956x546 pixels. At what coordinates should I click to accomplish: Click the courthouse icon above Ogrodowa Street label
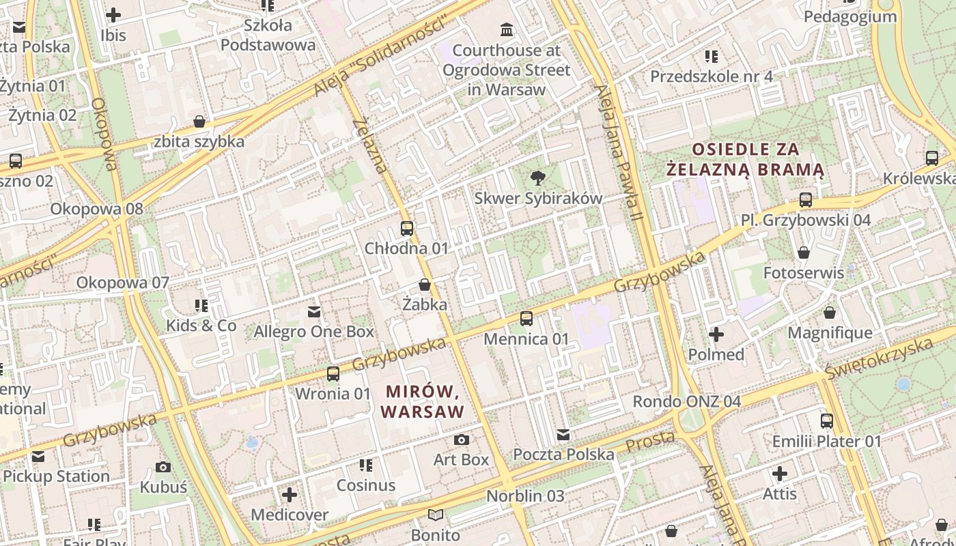click(507, 29)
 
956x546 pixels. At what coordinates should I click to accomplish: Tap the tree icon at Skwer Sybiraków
click(538, 178)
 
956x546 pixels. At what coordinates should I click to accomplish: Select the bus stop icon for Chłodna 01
click(407, 229)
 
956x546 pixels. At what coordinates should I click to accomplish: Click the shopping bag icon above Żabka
click(425, 285)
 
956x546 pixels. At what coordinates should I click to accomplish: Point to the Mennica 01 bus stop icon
click(526, 319)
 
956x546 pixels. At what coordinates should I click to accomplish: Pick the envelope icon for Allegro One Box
click(314, 312)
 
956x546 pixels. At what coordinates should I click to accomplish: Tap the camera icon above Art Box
click(462, 440)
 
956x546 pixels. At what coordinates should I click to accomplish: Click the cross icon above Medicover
click(290, 494)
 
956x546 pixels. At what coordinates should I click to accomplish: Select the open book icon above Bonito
click(436, 515)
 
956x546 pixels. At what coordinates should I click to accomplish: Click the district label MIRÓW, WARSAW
click(423, 402)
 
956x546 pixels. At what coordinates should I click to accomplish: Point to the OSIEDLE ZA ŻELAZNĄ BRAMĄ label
click(745, 159)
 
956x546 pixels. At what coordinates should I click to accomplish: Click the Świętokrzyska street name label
click(878, 358)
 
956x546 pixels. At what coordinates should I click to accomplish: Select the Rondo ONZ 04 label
click(686, 401)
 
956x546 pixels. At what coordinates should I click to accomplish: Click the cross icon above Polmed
click(716, 334)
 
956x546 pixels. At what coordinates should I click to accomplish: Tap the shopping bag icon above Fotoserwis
click(804, 253)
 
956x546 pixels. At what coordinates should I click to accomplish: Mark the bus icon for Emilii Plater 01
click(827, 421)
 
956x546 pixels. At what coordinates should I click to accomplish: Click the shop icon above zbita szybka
click(199, 122)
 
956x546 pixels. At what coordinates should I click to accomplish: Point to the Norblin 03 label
click(525, 496)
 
